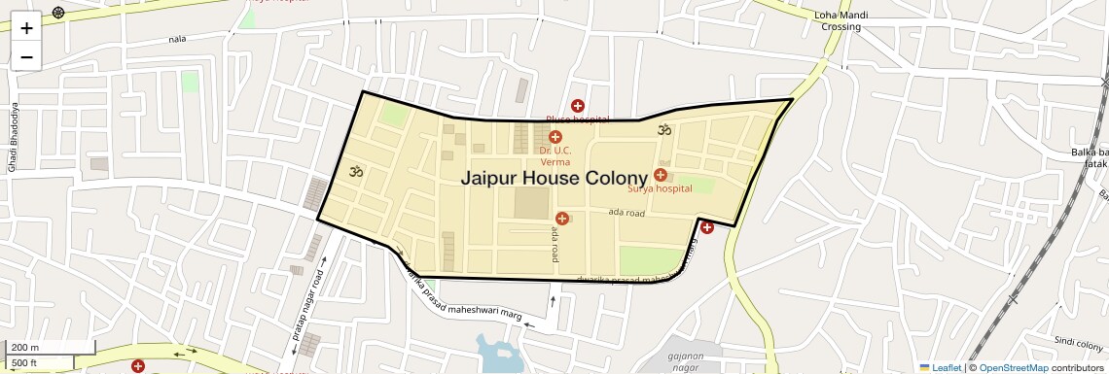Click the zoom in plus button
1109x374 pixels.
(x=26, y=27)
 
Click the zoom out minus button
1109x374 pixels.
(x=26, y=56)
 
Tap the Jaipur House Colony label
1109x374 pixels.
(x=554, y=178)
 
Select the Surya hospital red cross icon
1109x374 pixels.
(x=661, y=175)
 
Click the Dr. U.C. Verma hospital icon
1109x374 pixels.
(x=555, y=137)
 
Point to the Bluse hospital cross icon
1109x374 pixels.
(x=577, y=105)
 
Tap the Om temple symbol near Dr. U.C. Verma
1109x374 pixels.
(x=665, y=129)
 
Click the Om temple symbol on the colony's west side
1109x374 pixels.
(x=356, y=172)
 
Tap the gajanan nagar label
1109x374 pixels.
(x=686, y=361)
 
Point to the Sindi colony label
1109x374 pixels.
(x=1077, y=342)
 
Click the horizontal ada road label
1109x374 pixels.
(x=626, y=212)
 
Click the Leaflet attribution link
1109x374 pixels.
(x=940, y=367)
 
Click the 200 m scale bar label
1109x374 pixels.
(x=25, y=347)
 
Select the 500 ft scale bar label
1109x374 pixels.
(x=24, y=363)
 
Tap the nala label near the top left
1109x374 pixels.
(x=177, y=39)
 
